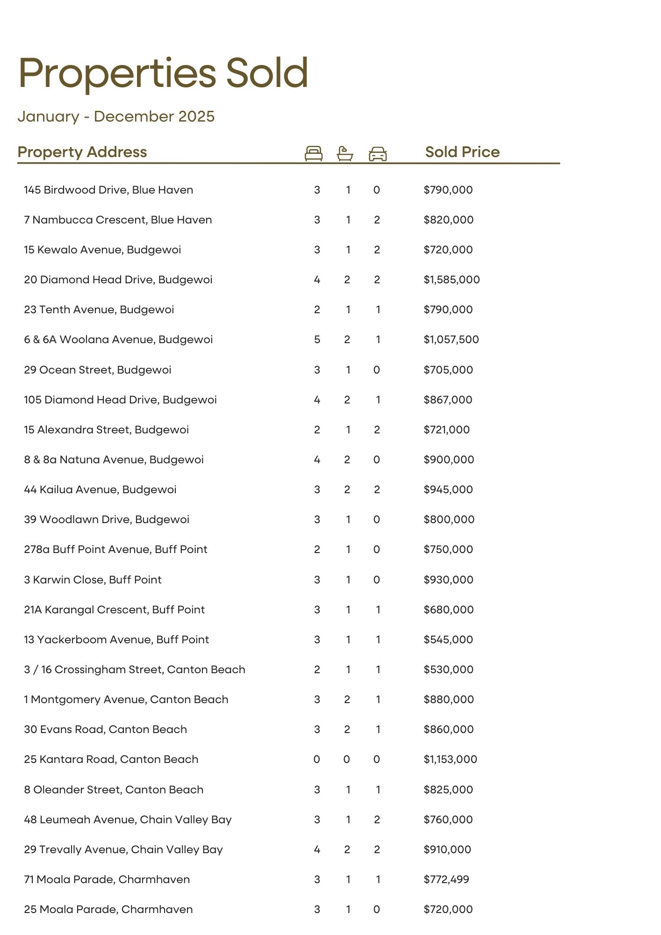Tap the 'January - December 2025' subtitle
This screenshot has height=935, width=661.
(x=116, y=116)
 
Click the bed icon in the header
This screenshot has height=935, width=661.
(x=313, y=153)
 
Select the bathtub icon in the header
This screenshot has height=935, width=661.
(x=345, y=153)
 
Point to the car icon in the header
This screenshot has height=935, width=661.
(x=378, y=154)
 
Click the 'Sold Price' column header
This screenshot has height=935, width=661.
(x=462, y=152)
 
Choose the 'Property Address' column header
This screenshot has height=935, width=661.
(x=82, y=152)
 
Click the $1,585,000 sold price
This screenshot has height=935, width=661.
(x=452, y=280)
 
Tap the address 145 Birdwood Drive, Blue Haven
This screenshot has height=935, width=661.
(x=108, y=190)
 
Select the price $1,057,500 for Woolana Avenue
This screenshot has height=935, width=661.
(x=451, y=339)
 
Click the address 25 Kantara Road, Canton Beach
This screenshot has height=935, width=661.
(x=111, y=759)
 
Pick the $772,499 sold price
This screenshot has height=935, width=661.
(x=446, y=879)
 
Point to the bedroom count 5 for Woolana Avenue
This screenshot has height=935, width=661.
(x=317, y=339)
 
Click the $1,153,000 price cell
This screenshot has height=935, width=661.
(x=450, y=759)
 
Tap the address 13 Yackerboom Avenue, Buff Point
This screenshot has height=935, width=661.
(x=116, y=640)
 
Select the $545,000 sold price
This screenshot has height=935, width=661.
(x=448, y=640)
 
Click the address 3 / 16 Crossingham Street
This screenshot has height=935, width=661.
(x=135, y=669)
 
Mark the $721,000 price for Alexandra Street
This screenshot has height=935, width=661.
(x=446, y=430)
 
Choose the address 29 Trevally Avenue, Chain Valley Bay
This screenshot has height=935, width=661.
(x=123, y=849)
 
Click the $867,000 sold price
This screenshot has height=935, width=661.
(x=448, y=400)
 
